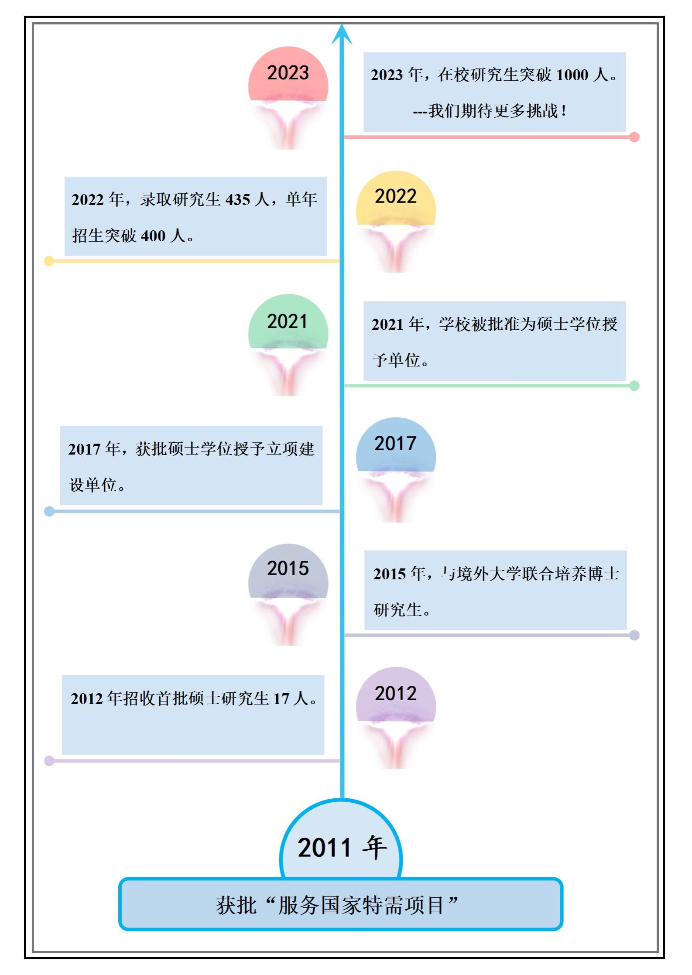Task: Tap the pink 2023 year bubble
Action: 288,74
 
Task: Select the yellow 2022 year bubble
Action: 396,198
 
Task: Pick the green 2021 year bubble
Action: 288,322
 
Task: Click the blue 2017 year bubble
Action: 396,445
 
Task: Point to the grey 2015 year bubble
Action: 288,571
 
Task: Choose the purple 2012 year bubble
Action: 396,694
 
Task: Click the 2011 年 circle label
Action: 341,847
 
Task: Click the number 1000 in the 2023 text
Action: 572,75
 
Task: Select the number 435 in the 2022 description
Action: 238,200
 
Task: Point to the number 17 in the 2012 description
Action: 281,699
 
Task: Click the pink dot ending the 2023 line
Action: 634,137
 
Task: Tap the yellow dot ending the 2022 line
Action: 49,261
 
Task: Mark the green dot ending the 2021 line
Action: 634,386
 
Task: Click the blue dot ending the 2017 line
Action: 49,511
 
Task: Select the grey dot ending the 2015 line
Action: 634,635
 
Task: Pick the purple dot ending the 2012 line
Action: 49,761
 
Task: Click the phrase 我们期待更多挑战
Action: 493,111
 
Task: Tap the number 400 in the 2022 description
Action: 154,236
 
